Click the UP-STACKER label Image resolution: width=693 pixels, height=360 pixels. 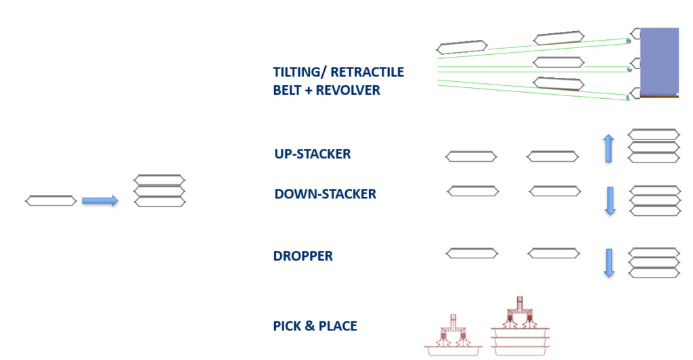(x=313, y=154)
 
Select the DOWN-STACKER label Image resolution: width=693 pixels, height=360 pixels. (x=326, y=194)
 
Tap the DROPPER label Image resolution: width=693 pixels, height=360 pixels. (x=303, y=256)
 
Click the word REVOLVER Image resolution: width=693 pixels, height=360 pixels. (x=348, y=90)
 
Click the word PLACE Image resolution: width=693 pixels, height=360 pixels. (x=338, y=326)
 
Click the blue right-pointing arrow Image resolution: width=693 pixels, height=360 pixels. (x=100, y=201)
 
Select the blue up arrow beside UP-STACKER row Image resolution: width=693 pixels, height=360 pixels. (x=608, y=148)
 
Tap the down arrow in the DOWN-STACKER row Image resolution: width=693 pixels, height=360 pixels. (x=610, y=201)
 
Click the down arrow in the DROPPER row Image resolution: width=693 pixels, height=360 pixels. (x=610, y=263)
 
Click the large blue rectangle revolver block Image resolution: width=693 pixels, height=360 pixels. (x=659, y=61)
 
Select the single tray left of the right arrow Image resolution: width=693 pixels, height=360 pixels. (x=51, y=201)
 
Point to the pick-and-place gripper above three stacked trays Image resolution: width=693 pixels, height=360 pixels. (x=520, y=313)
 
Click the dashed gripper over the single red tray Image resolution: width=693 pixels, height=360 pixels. (x=453, y=330)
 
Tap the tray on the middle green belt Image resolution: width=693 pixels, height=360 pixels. (x=558, y=62)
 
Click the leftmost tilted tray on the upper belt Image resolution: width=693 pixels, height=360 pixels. (x=462, y=47)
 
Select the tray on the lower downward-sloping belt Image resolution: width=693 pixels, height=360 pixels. (x=558, y=83)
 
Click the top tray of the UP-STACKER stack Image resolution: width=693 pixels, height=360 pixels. (x=654, y=134)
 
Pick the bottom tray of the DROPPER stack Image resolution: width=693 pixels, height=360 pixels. (x=654, y=273)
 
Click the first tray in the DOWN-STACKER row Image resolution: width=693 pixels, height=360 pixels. (x=473, y=192)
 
